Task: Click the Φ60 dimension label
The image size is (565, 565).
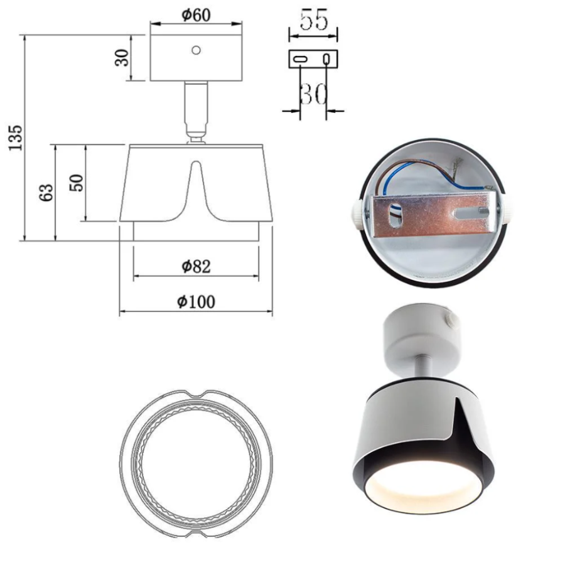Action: [x=196, y=15]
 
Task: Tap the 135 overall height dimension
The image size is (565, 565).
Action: [x=16, y=138]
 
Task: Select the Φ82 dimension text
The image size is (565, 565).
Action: [x=196, y=266]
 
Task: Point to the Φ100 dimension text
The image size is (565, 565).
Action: [x=196, y=301]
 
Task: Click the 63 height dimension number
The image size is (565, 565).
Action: [x=47, y=193]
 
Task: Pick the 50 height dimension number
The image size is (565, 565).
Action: [x=77, y=183]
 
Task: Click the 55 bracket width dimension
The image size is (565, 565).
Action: [x=314, y=19]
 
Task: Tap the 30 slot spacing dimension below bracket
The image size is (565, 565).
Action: [x=313, y=94]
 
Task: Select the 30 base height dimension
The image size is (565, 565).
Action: [x=122, y=58]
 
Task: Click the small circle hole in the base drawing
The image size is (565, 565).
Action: [x=196, y=50]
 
